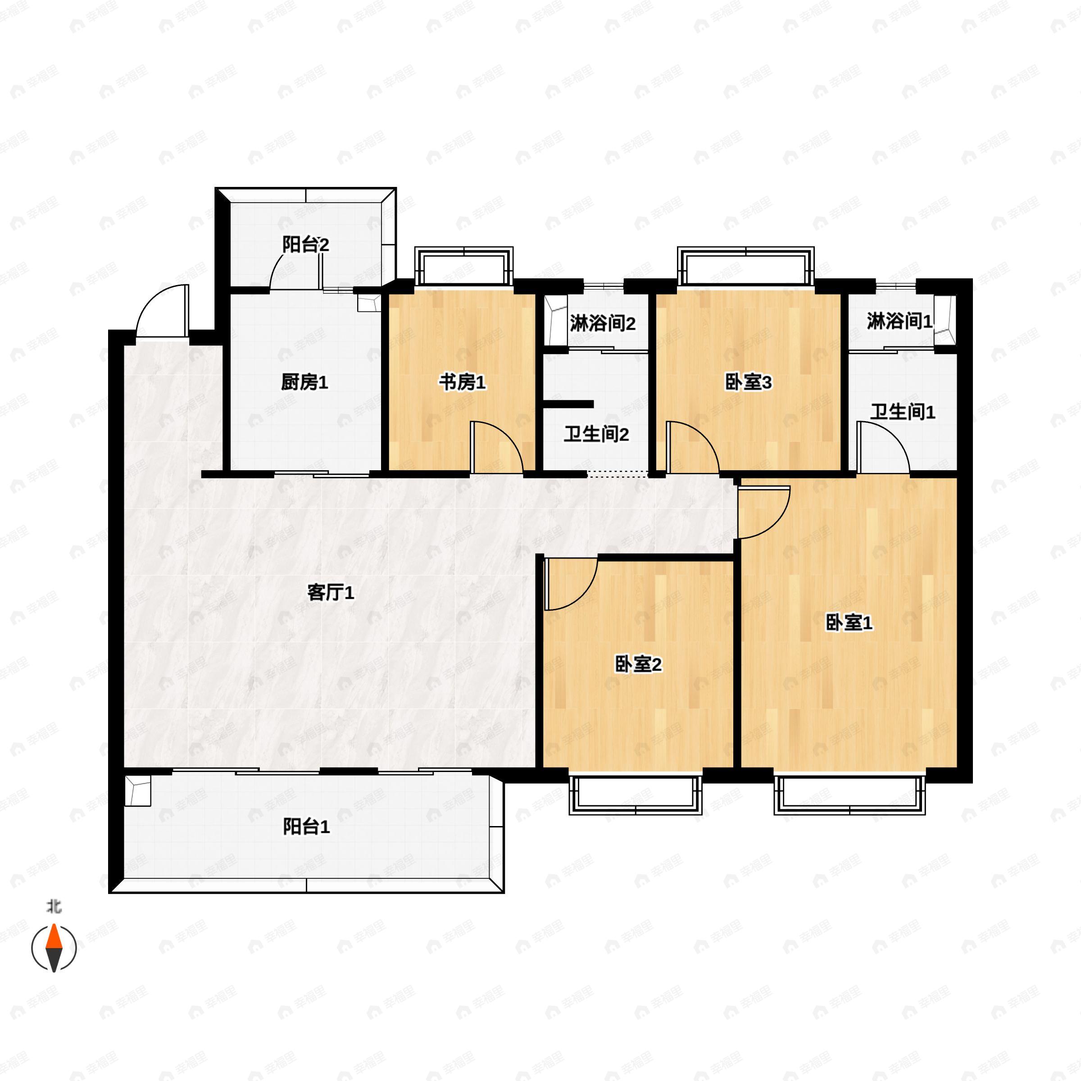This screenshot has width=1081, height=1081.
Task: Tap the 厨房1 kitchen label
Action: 304,383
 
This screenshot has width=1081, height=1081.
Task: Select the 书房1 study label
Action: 462,383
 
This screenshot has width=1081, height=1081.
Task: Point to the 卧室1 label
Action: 849,623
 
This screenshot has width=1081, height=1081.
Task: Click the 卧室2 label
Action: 638,665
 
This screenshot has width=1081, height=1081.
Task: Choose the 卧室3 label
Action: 749,383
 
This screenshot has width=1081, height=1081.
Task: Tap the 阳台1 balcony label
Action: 306,827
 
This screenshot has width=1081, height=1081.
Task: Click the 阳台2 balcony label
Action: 305,245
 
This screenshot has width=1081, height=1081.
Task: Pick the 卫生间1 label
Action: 903,413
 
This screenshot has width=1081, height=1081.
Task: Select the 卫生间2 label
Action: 596,434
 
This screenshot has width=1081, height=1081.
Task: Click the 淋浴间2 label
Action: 603,323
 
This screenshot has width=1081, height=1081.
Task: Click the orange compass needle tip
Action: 54,925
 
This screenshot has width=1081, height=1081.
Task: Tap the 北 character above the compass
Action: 54,906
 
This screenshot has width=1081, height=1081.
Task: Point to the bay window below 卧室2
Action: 636,795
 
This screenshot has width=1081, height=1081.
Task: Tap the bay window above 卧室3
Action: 746,266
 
